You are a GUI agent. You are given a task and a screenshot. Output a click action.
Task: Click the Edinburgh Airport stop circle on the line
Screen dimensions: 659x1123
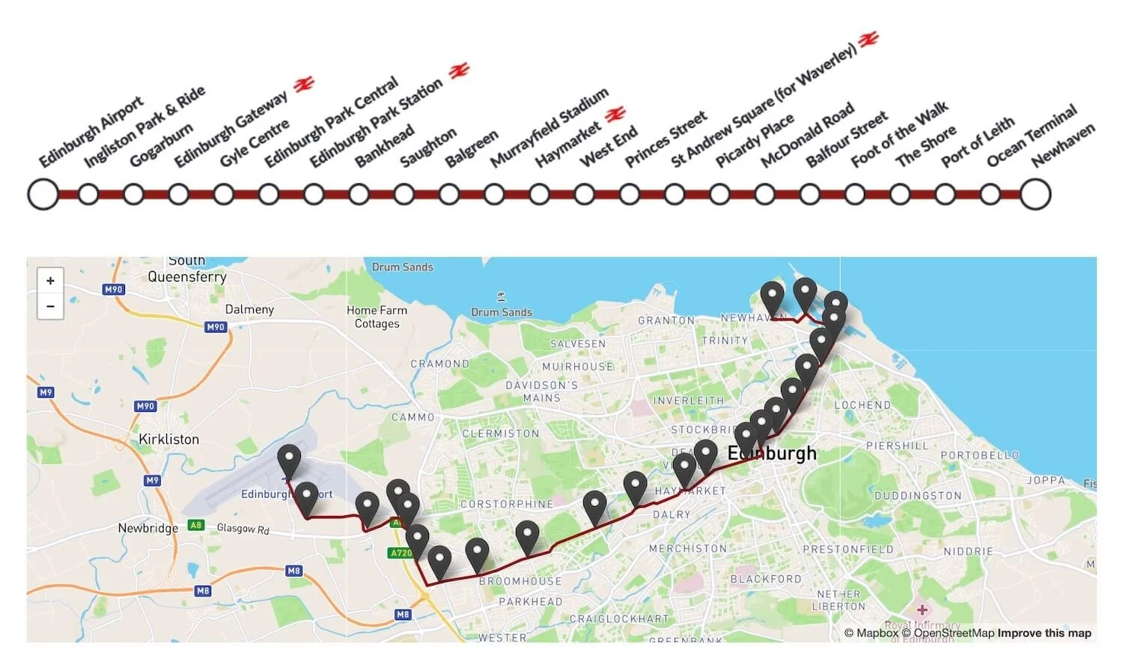pyautogui.click(x=43, y=195)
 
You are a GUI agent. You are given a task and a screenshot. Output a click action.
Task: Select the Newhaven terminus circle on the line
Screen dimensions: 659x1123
pyautogui.click(x=1035, y=195)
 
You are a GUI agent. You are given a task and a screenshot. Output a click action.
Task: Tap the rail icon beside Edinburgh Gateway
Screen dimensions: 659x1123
pyautogui.click(x=304, y=85)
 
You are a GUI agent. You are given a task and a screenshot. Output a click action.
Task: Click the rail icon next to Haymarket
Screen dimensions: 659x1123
pyautogui.click(x=615, y=115)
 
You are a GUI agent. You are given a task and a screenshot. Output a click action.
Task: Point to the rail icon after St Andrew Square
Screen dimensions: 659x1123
pyautogui.click(x=868, y=39)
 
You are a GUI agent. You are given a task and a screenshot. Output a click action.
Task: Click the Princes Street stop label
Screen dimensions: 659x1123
pyautogui.click(x=666, y=139)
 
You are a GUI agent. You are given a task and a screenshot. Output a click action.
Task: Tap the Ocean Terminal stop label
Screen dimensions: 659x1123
pyautogui.click(x=1031, y=136)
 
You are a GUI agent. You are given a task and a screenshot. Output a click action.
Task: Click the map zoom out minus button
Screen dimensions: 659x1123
pyautogui.click(x=50, y=306)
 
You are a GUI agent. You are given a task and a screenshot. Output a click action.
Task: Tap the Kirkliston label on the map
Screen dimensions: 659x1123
pyautogui.click(x=168, y=440)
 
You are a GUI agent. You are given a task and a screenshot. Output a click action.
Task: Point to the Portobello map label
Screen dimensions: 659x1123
pyautogui.click(x=979, y=455)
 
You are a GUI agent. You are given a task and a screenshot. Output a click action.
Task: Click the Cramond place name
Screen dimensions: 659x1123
pyautogui.click(x=439, y=364)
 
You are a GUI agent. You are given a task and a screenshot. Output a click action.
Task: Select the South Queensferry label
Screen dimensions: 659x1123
pyautogui.click(x=186, y=269)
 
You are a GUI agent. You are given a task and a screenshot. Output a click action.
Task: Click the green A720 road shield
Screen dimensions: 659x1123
pyautogui.click(x=401, y=553)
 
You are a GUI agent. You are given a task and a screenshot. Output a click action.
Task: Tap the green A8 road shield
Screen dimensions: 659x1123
pyautogui.click(x=196, y=525)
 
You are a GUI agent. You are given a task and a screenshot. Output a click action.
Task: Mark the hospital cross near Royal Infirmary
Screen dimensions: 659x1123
pyautogui.click(x=922, y=610)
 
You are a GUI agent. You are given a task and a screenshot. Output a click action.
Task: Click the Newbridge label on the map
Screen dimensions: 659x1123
pyautogui.click(x=147, y=528)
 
